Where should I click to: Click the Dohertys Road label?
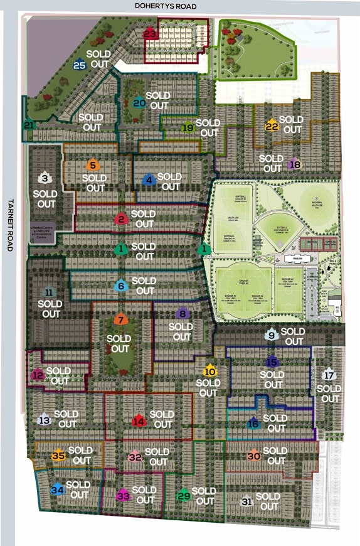click(166, 6)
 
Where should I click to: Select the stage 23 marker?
click(149, 34)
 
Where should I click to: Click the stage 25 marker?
click(80, 65)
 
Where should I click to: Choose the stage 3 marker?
click(45, 178)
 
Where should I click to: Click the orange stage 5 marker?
click(93, 166)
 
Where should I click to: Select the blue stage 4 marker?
click(149, 180)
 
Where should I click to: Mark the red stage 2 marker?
click(120, 219)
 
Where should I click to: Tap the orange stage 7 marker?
click(121, 319)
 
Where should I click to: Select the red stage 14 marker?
click(139, 421)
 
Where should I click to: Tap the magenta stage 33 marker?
click(123, 496)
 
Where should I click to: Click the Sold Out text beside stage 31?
click(268, 501)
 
